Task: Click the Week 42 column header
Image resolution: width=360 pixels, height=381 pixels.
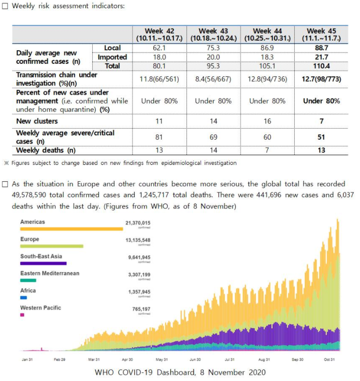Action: click(x=159, y=34)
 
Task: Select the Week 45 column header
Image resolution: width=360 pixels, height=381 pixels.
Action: click(x=321, y=34)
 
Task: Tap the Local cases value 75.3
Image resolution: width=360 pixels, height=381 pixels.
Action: click(x=213, y=48)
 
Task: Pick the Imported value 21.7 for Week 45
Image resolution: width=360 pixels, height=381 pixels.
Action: click(x=321, y=57)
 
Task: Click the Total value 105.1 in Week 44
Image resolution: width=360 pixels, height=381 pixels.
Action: click(x=267, y=66)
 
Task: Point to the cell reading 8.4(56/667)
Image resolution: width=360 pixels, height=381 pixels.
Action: click(x=213, y=79)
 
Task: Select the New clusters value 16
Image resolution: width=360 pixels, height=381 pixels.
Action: click(x=267, y=121)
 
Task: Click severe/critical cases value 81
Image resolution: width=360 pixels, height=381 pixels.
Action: click(x=159, y=137)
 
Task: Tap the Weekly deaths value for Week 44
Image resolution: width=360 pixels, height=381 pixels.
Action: click(x=267, y=150)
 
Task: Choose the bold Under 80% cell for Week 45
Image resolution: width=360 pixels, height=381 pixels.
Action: click(x=321, y=101)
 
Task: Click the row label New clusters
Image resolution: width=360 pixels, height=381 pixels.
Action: click(x=37, y=121)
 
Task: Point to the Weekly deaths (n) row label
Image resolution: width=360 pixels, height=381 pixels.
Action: click(x=46, y=150)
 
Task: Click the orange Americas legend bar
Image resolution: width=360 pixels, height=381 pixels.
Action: click(x=72, y=229)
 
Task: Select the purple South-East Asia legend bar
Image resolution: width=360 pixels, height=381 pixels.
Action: click(x=43, y=264)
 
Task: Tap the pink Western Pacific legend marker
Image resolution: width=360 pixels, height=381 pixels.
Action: click(x=22, y=315)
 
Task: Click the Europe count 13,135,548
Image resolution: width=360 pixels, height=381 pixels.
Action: click(x=138, y=240)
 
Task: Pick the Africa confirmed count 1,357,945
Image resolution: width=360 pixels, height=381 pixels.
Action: click(x=140, y=292)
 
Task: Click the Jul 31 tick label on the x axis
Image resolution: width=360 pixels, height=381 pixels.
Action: click(x=230, y=359)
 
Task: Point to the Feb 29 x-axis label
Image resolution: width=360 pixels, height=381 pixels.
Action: click(x=59, y=359)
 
